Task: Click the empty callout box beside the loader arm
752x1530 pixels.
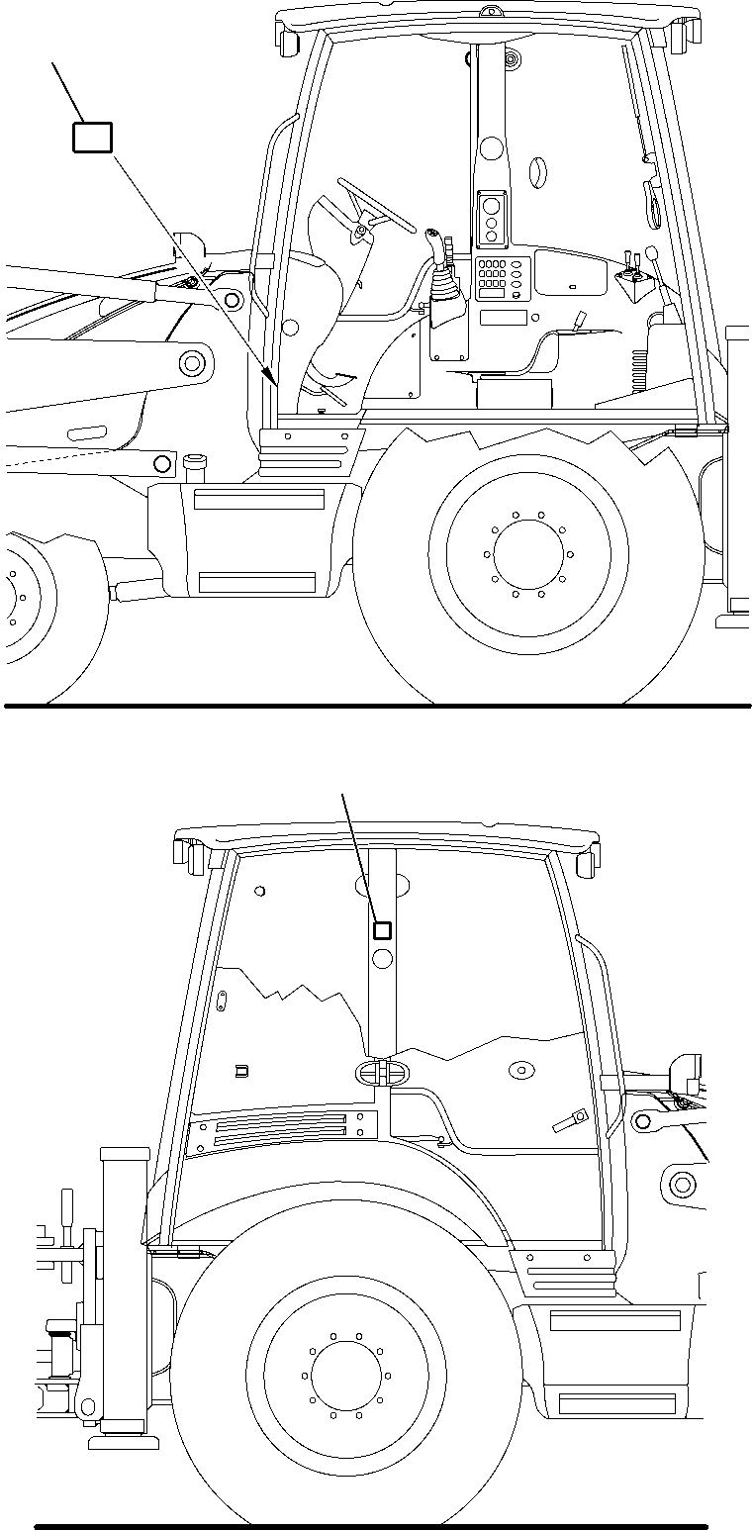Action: point(92,138)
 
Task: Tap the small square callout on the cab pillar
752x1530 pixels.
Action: point(381,930)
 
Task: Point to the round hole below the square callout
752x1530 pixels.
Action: point(381,958)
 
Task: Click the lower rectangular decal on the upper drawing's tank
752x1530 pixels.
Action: point(256,582)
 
